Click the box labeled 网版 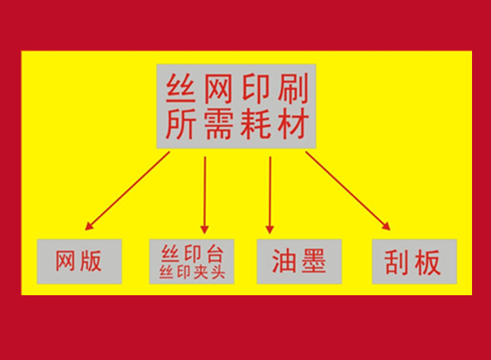tap(79, 262)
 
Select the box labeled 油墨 tap(299, 262)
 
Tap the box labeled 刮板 tap(414, 262)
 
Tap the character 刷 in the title tap(293, 88)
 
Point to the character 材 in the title tap(293, 124)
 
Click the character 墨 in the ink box tap(313, 262)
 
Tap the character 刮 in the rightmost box tap(399, 262)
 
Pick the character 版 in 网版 tap(92, 262)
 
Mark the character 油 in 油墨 tap(284, 262)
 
